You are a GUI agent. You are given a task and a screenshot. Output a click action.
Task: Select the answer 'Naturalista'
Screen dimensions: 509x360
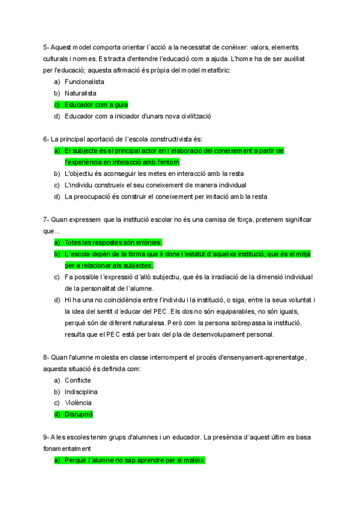(x=80, y=93)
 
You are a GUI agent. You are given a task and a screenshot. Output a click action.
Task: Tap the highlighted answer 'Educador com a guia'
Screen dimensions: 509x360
(x=96, y=104)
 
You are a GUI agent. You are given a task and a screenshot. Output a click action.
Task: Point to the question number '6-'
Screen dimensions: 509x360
(x=46, y=139)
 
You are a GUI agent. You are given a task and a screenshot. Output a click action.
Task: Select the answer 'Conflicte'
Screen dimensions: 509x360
(x=78, y=381)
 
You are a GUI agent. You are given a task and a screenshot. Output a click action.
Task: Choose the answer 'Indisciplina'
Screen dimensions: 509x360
(x=81, y=391)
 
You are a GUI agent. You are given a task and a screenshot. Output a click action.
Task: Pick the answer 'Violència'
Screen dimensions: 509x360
(x=78, y=403)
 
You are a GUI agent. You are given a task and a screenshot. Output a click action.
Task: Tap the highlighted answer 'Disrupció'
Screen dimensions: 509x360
(x=79, y=414)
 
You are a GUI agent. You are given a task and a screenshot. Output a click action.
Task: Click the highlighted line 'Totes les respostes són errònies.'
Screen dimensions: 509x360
(x=113, y=242)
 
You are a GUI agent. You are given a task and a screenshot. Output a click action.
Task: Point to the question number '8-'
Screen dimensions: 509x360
(x=46, y=358)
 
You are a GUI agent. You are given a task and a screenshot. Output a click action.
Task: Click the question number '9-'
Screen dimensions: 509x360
(x=46, y=437)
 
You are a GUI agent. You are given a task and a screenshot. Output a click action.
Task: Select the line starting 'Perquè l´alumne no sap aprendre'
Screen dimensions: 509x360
(x=135, y=460)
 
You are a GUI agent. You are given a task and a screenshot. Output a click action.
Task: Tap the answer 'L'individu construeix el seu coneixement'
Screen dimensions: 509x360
(x=155, y=185)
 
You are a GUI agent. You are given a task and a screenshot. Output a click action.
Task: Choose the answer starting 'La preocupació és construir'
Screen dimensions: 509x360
(x=166, y=196)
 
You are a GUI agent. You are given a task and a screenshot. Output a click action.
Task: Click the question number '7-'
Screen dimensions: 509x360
(x=46, y=220)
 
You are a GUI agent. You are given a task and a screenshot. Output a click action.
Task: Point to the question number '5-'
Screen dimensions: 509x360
(x=46, y=47)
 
